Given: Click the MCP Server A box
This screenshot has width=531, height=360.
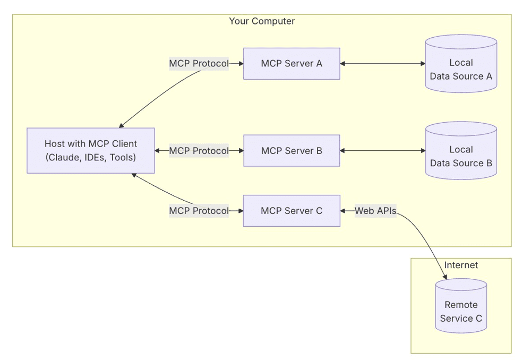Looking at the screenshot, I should click(x=292, y=64).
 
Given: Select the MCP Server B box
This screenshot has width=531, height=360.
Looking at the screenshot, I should click(x=292, y=151).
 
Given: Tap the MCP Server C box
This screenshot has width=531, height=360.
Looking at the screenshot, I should click(x=292, y=211).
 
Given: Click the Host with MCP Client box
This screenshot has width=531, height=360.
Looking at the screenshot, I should click(x=91, y=150).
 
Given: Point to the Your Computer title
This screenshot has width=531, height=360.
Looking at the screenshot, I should click(x=262, y=21).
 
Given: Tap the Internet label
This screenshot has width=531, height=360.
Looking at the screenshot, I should click(x=461, y=265).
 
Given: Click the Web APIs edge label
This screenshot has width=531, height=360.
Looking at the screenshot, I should click(x=375, y=211).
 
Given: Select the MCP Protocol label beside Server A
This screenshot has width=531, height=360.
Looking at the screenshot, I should click(x=199, y=64).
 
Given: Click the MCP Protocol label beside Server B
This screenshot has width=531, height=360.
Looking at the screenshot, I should click(x=199, y=151).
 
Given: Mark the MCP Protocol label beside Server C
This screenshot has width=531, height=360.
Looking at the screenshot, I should click(x=199, y=211).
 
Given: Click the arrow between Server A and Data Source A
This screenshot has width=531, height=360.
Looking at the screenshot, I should click(x=383, y=64).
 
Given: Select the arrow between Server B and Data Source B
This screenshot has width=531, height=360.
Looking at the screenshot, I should click(x=383, y=151).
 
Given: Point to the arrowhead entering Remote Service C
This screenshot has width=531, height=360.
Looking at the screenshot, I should click(x=445, y=277).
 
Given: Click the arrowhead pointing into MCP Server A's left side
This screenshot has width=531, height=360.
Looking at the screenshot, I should click(x=241, y=64).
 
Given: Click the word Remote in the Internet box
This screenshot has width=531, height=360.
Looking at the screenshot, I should click(x=461, y=305).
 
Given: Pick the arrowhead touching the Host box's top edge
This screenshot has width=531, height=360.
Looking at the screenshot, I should click(x=122, y=125).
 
